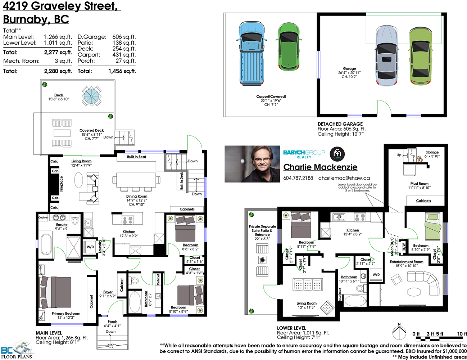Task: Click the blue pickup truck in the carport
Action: coord(251,53)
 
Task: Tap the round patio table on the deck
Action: coord(91,96)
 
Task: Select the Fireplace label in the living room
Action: coord(62,184)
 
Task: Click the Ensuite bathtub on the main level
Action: coord(46,245)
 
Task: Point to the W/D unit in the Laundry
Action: coord(90,247)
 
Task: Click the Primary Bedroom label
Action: coord(66,314)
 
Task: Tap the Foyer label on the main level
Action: coord(108,292)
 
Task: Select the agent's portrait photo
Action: coord(252,164)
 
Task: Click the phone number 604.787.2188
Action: coord(298,178)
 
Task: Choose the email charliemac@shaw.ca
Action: coord(344,178)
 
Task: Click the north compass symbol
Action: coord(399,333)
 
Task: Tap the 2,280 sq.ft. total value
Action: coord(58,71)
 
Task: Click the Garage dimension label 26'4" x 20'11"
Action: coord(349,73)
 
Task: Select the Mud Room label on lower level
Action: coord(419,184)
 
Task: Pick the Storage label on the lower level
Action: coord(432,152)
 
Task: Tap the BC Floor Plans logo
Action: coord(17,350)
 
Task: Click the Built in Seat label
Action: coord(136,157)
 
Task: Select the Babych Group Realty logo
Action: coord(304,154)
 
